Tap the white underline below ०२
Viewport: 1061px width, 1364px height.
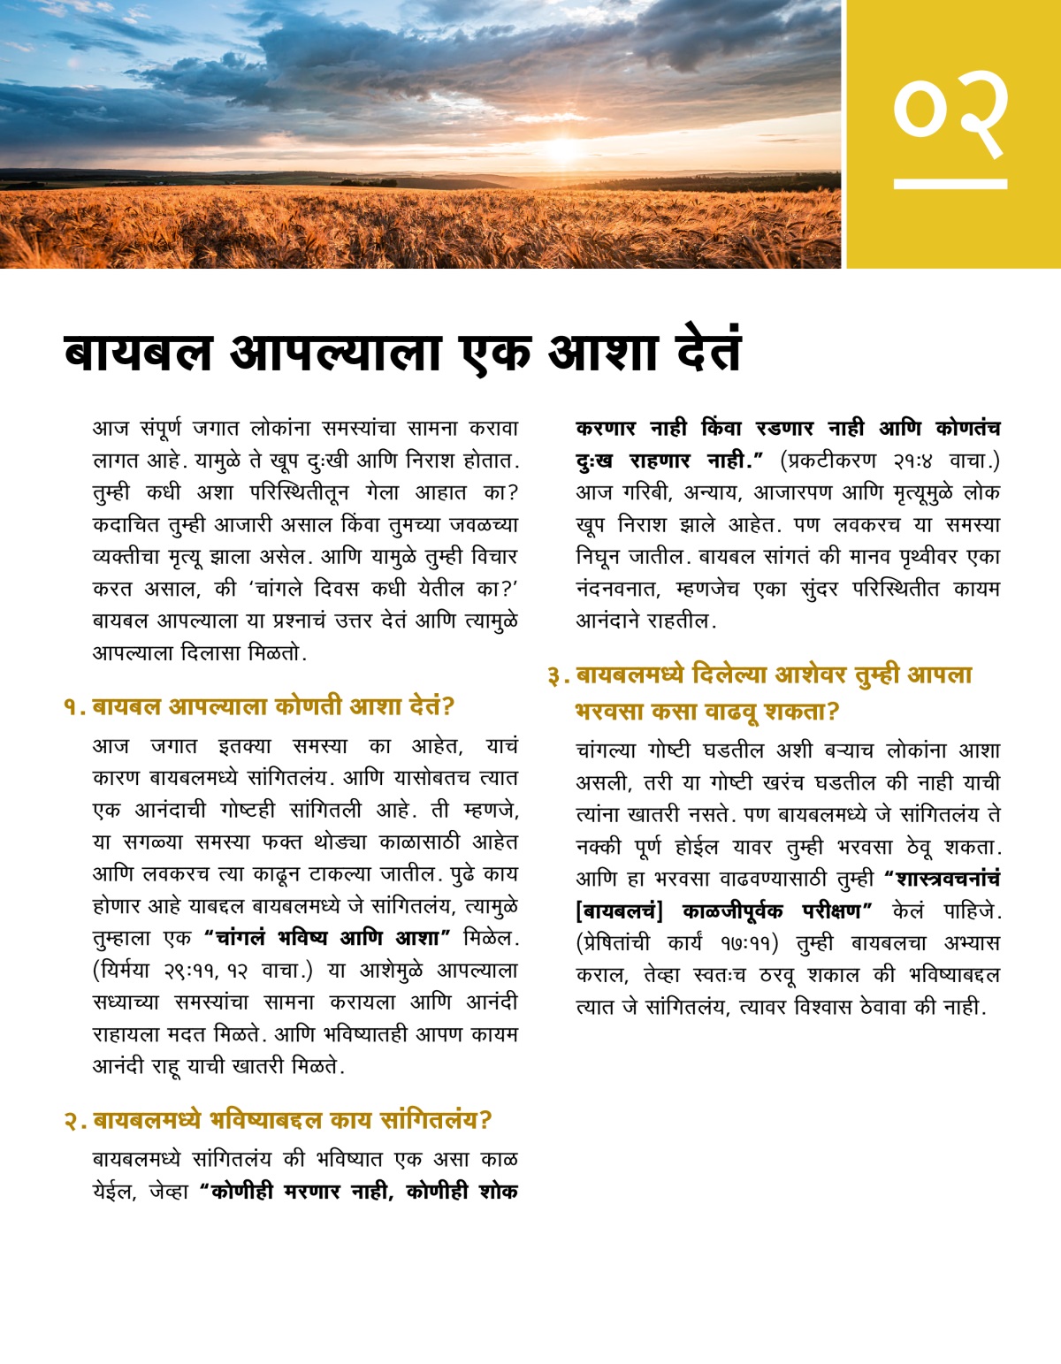[x=950, y=184]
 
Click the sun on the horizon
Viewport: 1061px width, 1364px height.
[x=562, y=148]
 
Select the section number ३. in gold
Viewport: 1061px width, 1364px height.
[x=558, y=676]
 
